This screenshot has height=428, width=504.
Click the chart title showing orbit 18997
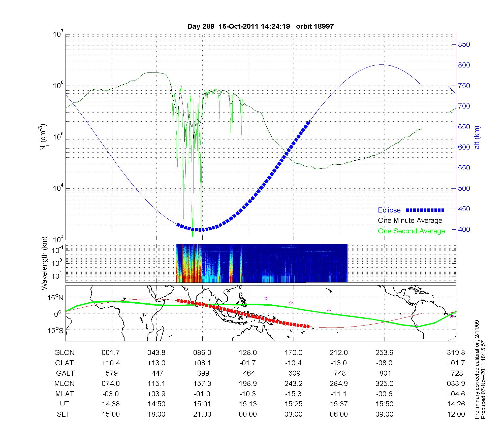tap(260, 26)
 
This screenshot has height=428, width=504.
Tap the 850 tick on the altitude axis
tap(464, 45)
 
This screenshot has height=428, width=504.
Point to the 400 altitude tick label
tap(464, 229)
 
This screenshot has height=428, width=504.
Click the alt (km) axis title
tap(477, 137)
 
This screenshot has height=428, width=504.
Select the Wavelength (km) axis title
tap(44, 263)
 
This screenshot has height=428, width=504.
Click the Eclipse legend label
tap(389, 210)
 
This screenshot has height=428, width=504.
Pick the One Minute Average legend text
tap(410, 221)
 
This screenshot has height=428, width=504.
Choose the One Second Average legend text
tap(411, 231)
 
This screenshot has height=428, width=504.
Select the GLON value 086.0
tap(202, 353)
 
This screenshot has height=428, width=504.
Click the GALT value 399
tap(202, 373)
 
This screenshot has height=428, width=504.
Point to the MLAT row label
tap(65, 394)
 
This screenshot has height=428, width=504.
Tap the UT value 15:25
tap(293, 404)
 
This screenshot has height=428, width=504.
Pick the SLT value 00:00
tap(248, 414)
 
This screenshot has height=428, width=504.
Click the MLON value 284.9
tap(339, 384)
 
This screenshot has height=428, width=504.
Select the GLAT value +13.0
tap(156, 363)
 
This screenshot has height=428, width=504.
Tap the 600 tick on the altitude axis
tap(464, 147)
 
